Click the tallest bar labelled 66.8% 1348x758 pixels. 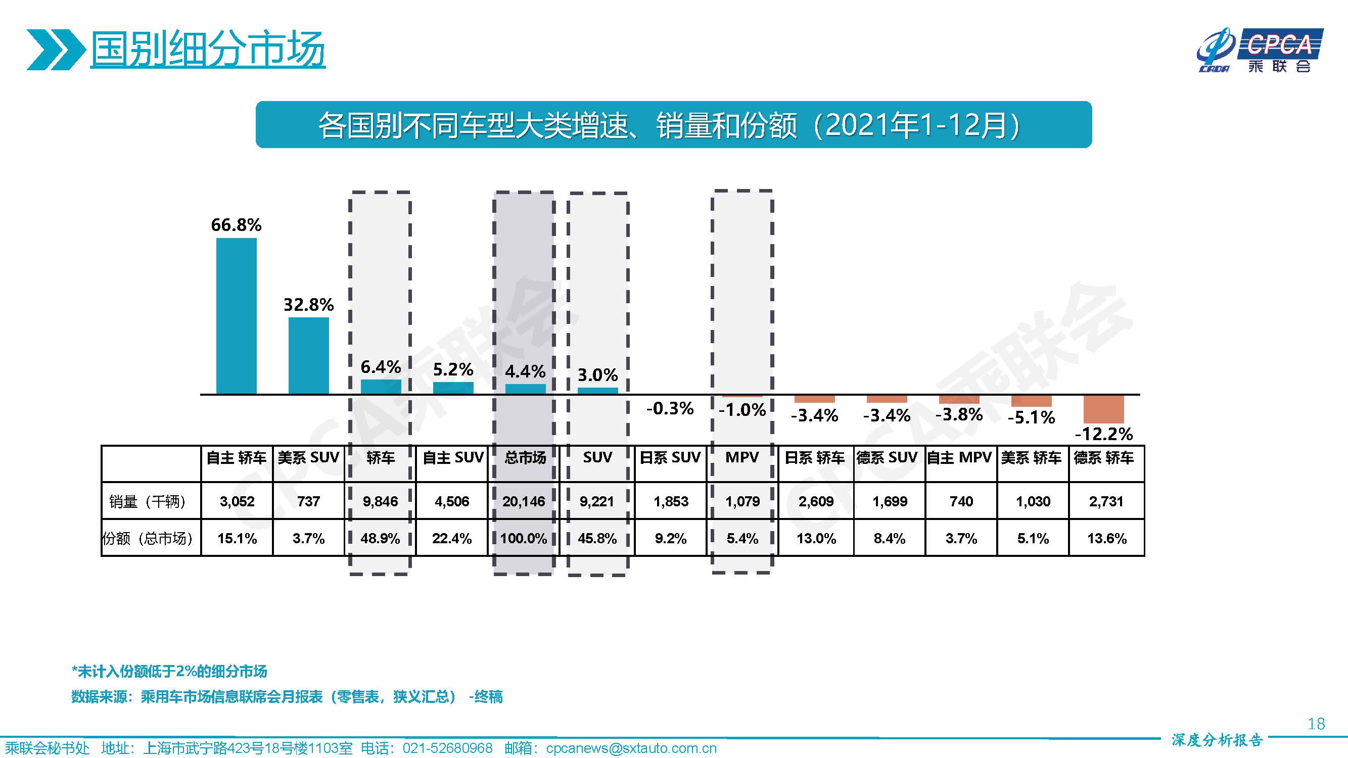(237, 315)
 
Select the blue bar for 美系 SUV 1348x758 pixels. (309, 355)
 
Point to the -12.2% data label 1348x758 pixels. (1104, 434)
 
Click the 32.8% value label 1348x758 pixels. (309, 304)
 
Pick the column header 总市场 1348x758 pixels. (525, 458)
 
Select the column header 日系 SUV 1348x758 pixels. (670, 458)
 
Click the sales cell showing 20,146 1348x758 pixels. (524, 501)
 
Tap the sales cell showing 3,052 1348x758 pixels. (237, 501)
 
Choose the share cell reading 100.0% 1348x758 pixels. (524, 538)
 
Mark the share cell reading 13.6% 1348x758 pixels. (1107, 538)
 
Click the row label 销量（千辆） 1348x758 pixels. (148, 501)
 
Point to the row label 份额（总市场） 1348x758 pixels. (148, 538)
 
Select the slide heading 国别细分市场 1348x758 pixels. (208, 50)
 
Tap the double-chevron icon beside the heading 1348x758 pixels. (56, 50)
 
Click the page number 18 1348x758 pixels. (1316, 724)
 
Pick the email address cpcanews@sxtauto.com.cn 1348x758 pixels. (631, 748)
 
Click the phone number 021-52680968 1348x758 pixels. (447, 748)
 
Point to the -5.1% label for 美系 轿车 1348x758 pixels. (1031, 417)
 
